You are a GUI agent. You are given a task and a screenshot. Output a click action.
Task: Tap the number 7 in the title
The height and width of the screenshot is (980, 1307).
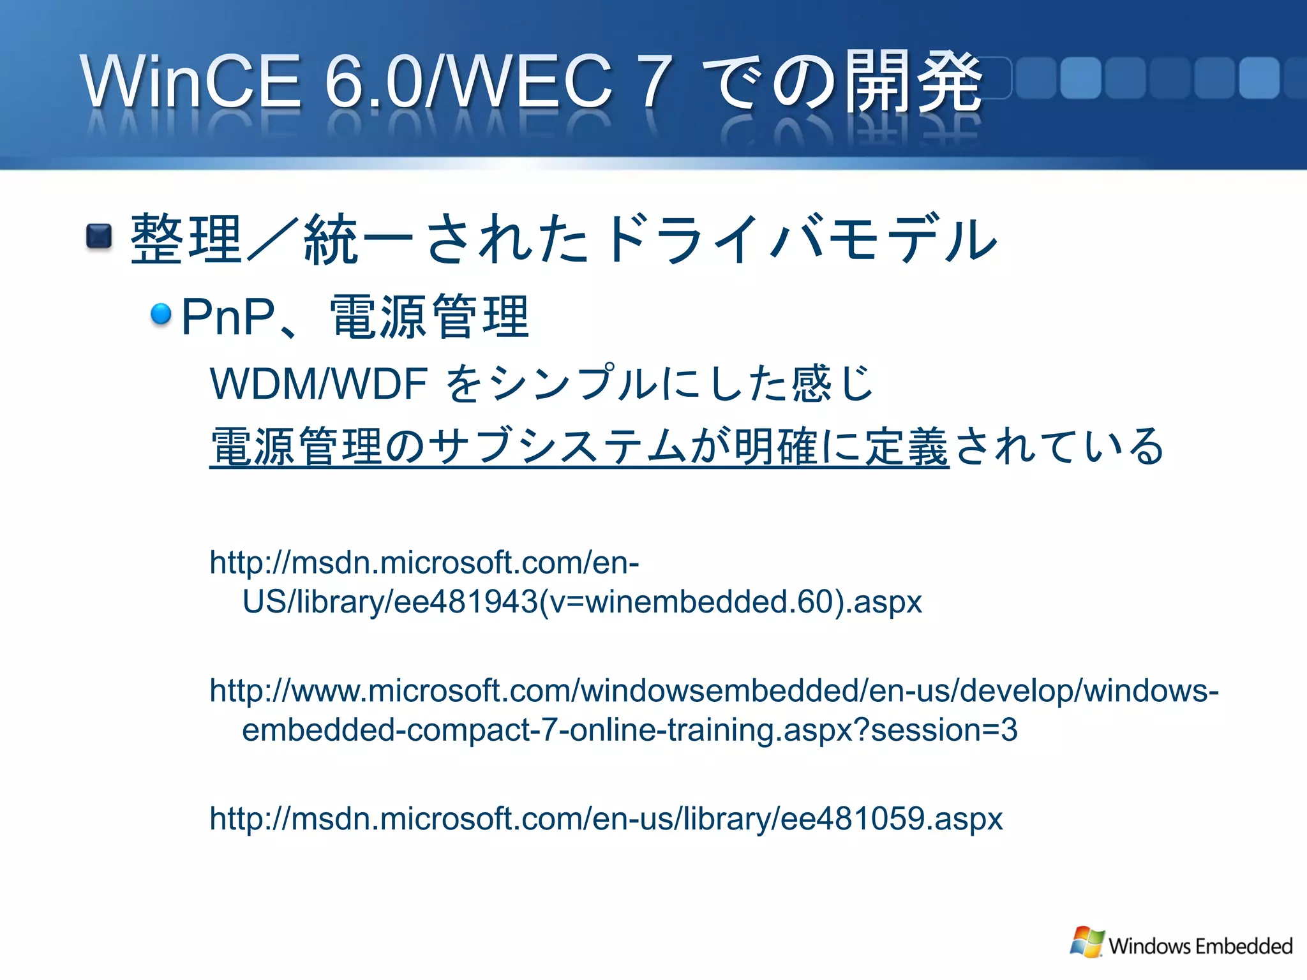[655, 81]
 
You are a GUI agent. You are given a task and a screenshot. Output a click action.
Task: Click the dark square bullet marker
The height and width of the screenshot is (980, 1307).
[99, 237]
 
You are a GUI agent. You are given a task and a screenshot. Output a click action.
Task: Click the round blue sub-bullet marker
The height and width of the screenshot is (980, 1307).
[161, 313]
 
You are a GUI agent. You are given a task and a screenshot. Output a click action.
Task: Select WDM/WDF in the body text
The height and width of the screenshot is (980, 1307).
[318, 384]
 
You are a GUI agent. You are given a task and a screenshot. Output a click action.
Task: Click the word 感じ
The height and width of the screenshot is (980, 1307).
[832, 384]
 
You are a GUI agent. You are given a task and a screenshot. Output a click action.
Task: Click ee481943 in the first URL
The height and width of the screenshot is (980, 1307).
[466, 602]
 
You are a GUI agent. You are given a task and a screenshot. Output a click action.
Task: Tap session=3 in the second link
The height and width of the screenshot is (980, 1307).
[944, 730]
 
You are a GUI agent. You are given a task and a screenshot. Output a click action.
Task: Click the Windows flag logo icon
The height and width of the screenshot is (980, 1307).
[1087, 942]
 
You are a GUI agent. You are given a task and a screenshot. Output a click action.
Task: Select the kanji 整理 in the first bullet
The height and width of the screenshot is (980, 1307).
[185, 239]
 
